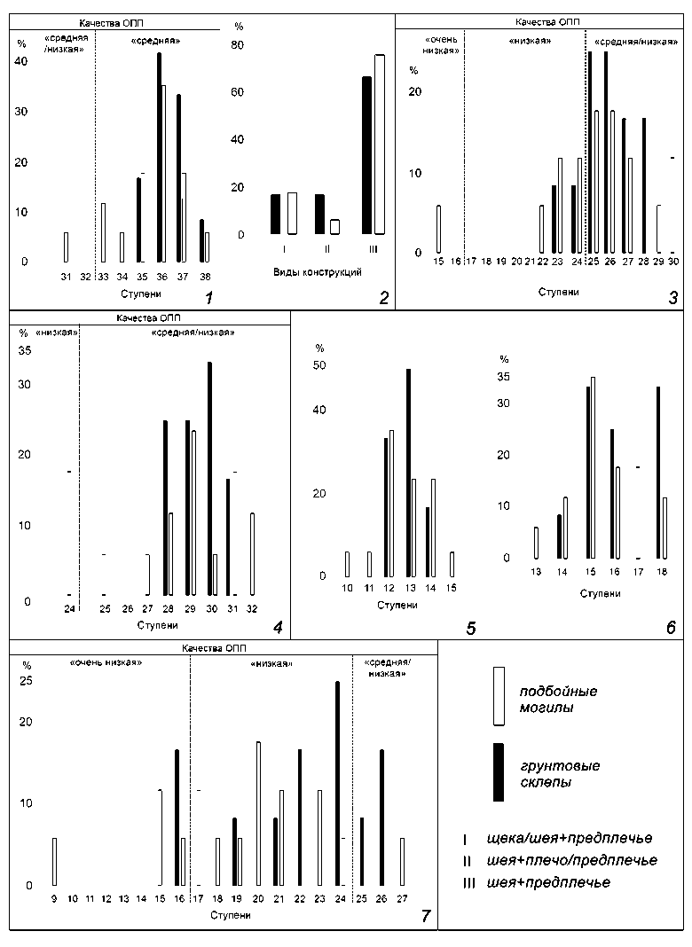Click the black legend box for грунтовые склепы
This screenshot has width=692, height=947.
(499, 772)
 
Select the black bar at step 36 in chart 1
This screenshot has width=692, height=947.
(159, 158)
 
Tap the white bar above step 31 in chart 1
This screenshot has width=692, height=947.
(66, 247)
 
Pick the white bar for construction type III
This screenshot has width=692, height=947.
(380, 145)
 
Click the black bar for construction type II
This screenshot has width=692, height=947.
(319, 214)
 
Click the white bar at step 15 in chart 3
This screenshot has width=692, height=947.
(438, 229)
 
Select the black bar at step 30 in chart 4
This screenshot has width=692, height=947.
(209, 479)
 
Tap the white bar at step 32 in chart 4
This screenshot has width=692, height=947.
(252, 554)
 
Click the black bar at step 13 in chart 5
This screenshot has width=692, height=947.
(408, 473)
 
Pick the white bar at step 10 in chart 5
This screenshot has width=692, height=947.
(347, 564)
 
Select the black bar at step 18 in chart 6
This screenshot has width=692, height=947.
(658, 473)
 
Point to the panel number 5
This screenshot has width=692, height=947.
(471, 629)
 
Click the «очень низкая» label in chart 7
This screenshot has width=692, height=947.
(105, 662)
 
